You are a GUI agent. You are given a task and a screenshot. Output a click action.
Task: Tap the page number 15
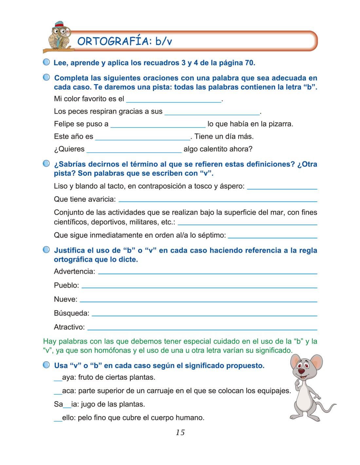coord(180,433)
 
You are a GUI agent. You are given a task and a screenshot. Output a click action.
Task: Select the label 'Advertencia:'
coord(75,271)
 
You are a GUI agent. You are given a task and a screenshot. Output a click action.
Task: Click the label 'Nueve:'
coord(65,299)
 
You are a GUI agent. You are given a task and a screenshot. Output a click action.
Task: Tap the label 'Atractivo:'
coord(69,327)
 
